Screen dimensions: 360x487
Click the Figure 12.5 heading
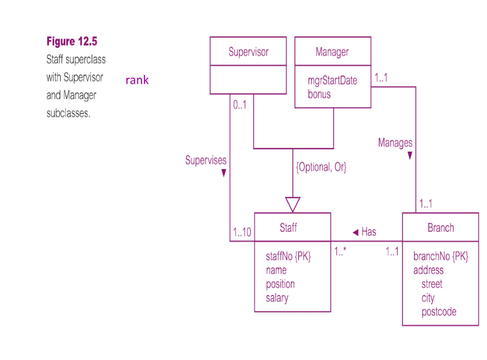point(71,42)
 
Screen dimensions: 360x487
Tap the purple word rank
point(137,80)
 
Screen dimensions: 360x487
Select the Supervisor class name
point(248,52)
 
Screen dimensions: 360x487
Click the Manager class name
point(332,52)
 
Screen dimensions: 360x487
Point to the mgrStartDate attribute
point(332,81)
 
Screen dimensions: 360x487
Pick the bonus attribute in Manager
point(319,94)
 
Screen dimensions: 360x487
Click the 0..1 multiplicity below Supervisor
point(240,105)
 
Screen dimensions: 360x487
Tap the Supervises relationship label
point(206,160)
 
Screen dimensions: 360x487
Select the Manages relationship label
point(395,143)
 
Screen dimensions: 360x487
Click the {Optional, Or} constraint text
point(321,167)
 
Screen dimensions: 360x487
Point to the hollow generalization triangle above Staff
point(293,204)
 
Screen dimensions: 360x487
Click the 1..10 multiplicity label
point(242,233)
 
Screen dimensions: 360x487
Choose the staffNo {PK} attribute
point(288,256)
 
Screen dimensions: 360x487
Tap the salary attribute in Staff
point(277,298)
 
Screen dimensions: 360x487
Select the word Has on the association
point(369,232)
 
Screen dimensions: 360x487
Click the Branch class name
point(441,228)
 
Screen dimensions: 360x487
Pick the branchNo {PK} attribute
point(441,256)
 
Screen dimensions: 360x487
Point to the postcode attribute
point(439,312)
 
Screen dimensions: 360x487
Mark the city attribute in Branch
point(428,298)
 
